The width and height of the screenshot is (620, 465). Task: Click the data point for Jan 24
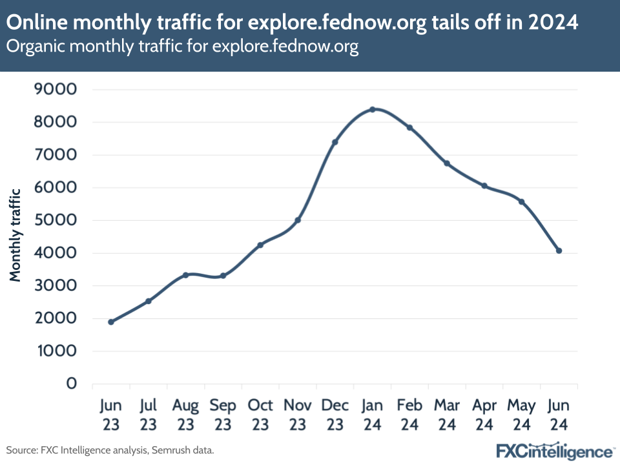pyautogui.click(x=373, y=109)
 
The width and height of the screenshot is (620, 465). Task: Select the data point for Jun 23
pyautogui.click(x=111, y=322)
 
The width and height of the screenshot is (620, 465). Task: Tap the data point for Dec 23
pyautogui.click(x=335, y=142)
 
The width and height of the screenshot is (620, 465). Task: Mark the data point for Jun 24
pyautogui.click(x=559, y=251)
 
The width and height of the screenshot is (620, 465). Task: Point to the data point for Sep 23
pyautogui.click(x=223, y=276)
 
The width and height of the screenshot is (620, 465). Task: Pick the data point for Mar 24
pyautogui.click(x=447, y=163)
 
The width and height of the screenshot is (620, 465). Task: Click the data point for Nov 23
pyautogui.click(x=298, y=220)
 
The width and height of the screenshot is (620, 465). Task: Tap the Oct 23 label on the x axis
pyautogui.click(x=260, y=415)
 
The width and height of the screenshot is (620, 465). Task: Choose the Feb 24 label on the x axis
pyautogui.click(x=409, y=415)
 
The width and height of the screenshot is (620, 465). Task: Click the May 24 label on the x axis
pyautogui.click(x=521, y=415)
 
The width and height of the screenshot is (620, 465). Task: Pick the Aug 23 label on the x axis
pyautogui.click(x=185, y=415)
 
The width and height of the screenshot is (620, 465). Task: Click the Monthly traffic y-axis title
pyautogui.click(x=15, y=235)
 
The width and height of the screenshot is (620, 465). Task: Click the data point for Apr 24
pyautogui.click(x=484, y=186)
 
